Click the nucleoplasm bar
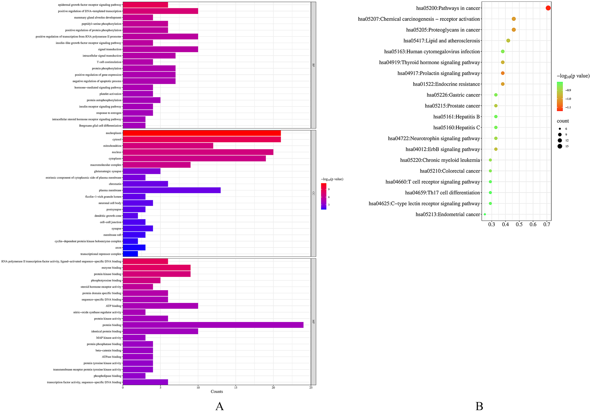click(x=202, y=133)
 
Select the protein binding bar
click(x=213, y=325)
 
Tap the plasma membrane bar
click(x=171, y=190)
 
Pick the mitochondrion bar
click(x=168, y=146)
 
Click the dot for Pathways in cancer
click(x=548, y=8)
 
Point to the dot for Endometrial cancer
click(x=485, y=214)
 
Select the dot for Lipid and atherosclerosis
click(x=508, y=41)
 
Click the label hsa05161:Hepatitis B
click(x=456, y=117)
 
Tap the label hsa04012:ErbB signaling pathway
click(x=443, y=149)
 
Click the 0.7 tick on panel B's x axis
click(x=547, y=225)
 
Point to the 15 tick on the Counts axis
click(x=236, y=387)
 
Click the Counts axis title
click(x=217, y=392)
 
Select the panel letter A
click(x=219, y=406)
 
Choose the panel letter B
click(x=479, y=406)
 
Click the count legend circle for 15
click(x=560, y=146)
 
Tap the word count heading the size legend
click(x=563, y=121)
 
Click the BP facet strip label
click(x=313, y=65)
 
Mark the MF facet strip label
click(x=313, y=322)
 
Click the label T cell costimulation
click(x=109, y=62)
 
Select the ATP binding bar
click(x=160, y=306)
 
